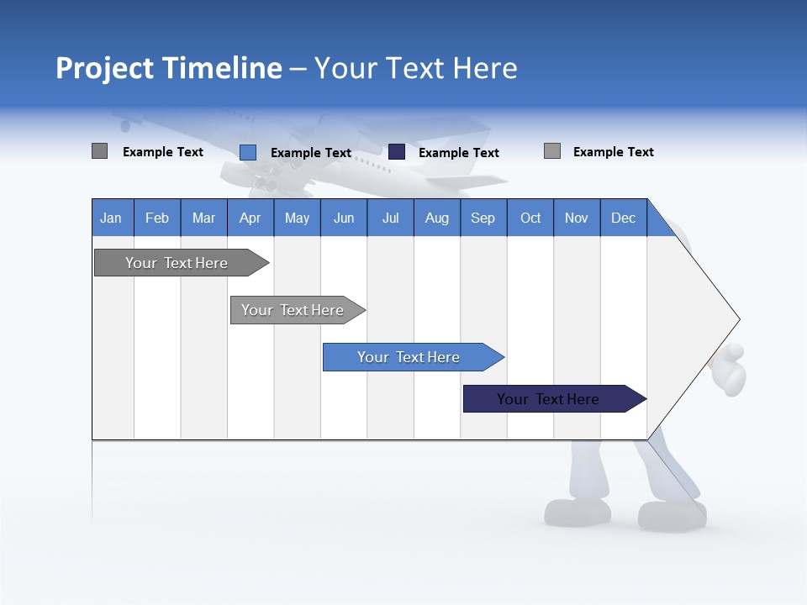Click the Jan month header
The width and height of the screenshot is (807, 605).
(111, 218)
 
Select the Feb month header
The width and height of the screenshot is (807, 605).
(157, 218)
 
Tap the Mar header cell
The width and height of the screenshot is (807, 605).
(203, 218)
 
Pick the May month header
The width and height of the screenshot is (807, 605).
(297, 218)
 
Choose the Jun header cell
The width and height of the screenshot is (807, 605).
(344, 218)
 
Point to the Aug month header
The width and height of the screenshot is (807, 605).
(437, 218)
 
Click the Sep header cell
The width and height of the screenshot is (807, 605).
(483, 218)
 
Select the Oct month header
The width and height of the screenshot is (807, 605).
(530, 218)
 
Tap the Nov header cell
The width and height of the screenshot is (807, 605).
(577, 218)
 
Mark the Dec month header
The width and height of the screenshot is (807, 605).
(624, 218)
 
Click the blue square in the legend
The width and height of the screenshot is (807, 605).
(248, 152)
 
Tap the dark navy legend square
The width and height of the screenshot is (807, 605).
(397, 152)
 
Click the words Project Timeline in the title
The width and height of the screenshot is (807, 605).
(169, 68)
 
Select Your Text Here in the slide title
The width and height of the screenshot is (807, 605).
(415, 68)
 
